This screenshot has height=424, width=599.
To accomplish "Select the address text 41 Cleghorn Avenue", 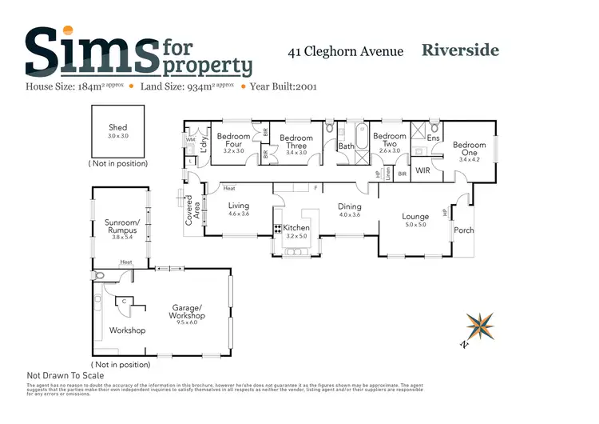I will coord(345,52).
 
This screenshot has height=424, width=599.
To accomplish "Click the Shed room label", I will coord(117,128).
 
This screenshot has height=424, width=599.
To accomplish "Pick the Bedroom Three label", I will coord(296,142).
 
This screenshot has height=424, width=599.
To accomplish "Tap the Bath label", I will coord(346,146).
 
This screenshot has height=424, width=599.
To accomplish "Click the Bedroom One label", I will coord(469,149).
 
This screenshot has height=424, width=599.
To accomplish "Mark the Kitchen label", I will coord(296,228).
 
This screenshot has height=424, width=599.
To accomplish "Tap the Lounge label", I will coord(415,217).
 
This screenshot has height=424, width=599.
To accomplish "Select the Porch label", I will coord(464,230).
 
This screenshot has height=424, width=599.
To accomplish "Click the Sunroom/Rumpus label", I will coord(122,226).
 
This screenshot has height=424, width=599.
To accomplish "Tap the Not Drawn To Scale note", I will coord(65,375).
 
